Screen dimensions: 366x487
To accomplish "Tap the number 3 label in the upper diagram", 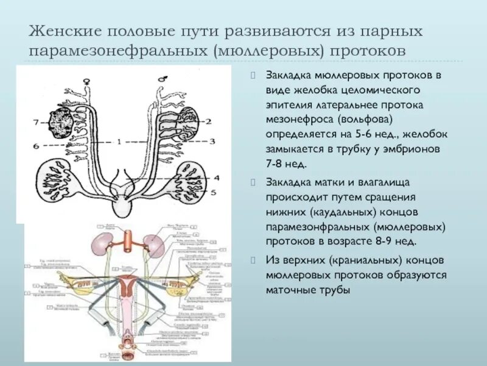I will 212,142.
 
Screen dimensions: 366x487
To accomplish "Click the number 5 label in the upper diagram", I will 213,192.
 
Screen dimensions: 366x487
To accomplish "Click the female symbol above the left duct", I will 90,79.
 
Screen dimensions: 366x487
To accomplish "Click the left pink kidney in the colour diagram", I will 100,245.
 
